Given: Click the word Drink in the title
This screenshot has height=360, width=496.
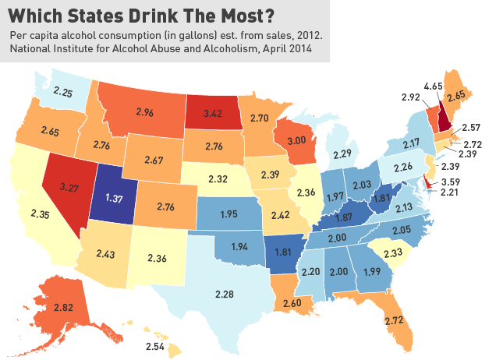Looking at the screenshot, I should click(x=154, y=15).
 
